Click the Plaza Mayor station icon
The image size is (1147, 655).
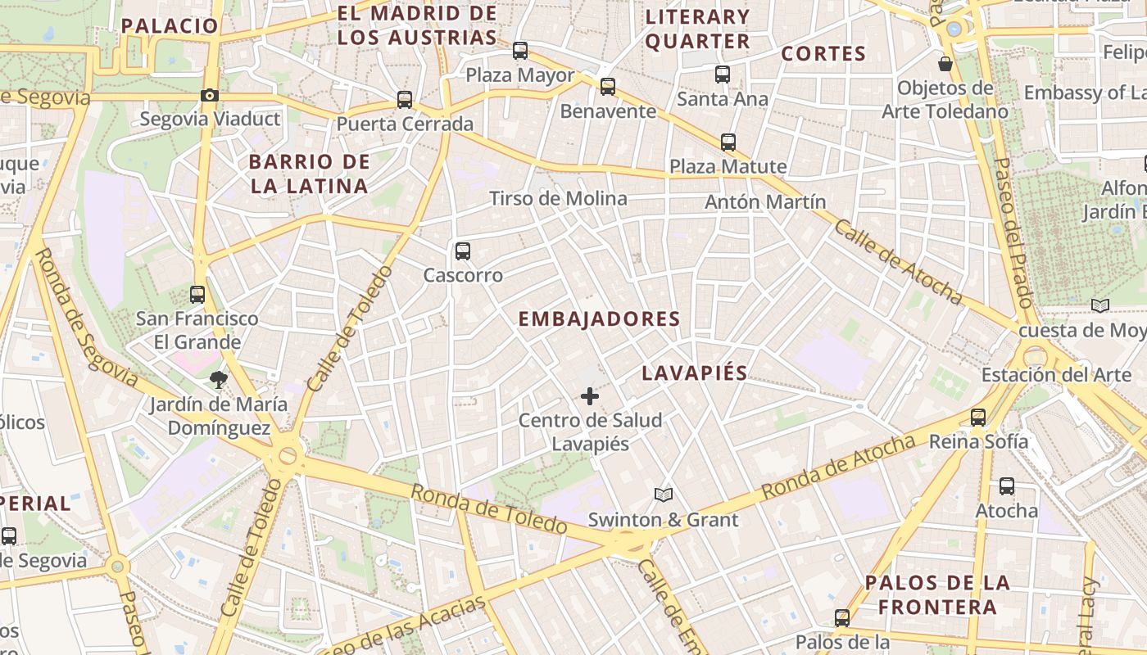click(x=520, y=51)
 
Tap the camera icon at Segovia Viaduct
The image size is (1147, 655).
click(x=210, y=96)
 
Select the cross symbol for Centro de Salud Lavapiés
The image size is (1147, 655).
click(x=589, y=397)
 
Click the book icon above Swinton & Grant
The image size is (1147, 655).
click(x=664, y=495)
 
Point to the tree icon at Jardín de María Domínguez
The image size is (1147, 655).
click(x=219, y=379)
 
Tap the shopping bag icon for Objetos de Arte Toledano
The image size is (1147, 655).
click(x=945, y=63)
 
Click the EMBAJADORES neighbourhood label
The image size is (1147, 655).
click(x=599, y=319)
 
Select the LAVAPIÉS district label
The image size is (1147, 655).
click(x=695, y=373)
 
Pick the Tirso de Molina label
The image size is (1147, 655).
click(x=558, y=198)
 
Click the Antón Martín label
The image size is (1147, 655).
click(x=765, y=201)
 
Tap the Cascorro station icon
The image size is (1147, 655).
click(x=463, y=251)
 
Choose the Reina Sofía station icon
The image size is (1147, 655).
click(x=978, y=418)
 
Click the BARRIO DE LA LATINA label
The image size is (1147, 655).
click(x=310, y=174)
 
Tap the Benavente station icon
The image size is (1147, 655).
click(x=608, y=87)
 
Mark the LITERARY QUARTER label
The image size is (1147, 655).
click(x=697, y=29)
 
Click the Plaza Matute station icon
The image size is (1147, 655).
click(x=728, y=142)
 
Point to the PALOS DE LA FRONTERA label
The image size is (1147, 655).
click(x=937, y=595)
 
